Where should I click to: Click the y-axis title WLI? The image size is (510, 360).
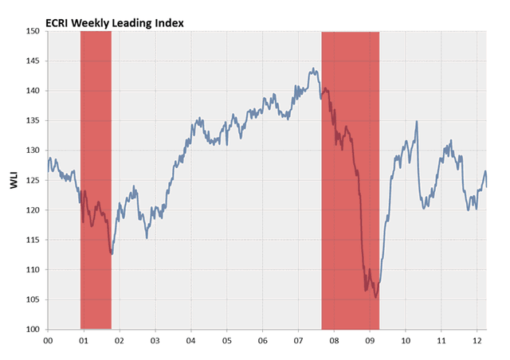coord(14,180)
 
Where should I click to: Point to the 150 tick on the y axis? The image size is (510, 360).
coord(33,31)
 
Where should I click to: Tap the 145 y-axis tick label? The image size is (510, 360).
coord(33,61)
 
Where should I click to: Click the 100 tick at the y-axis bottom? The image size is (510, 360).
coord(33,329)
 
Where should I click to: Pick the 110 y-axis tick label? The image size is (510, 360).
coord(33,269)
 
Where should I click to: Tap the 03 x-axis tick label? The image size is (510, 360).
coord(155,340)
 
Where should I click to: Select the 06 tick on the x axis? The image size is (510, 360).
coord(262,340)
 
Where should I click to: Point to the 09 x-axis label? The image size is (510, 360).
coord(370,340)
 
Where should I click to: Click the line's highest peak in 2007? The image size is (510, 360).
coord(313,69)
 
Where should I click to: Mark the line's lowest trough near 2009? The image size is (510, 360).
coord(375,297)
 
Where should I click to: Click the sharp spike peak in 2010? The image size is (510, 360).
coord(417,122)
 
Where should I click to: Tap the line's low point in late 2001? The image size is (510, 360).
coord(112,254)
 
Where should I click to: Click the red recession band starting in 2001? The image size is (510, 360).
coord(96,180)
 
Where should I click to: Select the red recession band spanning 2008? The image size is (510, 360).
coord(350,180)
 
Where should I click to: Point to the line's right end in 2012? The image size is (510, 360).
coord(487,186)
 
